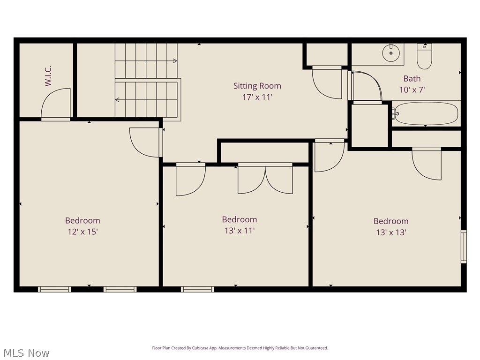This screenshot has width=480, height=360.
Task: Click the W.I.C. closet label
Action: pyautogui.click(x=48, y=75)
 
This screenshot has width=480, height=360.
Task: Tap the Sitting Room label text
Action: pyautogui.click(x=257, y=86)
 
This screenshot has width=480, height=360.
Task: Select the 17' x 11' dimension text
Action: pyautogui.click(x=257, y=97)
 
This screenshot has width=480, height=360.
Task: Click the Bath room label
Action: pyautogui.click(x=412, y=79)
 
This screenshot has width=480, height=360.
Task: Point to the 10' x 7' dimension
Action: pyautogui.click(x=412, y=90)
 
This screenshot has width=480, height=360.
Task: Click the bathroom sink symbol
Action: pyautogui.click(x=390, y=52)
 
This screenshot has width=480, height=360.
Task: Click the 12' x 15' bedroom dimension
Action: pyautogui.click(x=82, y=232)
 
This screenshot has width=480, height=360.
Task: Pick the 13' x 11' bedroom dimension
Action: pyautogui.click(x=239, y=231)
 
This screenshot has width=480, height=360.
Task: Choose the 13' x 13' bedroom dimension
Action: pyautogui.click(x=390, y=232)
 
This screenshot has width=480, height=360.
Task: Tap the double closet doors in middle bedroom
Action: pyautogui.click(x=265, y=179)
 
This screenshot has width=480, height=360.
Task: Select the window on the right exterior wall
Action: pyautogui.click(x=464, y=247)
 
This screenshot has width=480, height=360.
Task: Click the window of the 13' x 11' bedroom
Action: pyautogui.click(x=197, y=289)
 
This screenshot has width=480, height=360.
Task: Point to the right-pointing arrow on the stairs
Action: pyautogui.click(x=174, y=60)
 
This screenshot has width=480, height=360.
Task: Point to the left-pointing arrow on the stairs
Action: pyautogui.click(x=117, y=99)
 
